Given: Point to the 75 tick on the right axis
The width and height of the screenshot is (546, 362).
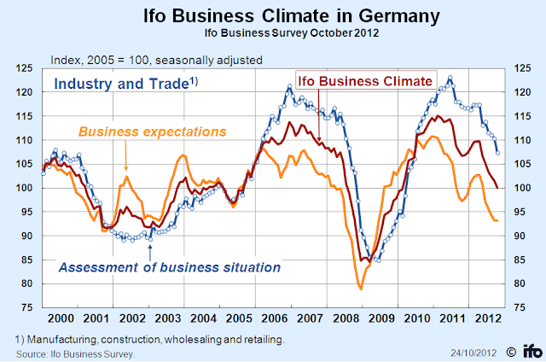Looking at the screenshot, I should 520,307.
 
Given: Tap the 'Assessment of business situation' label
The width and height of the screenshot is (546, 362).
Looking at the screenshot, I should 169,267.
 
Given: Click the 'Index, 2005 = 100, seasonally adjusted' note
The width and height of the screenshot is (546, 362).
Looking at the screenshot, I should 157,60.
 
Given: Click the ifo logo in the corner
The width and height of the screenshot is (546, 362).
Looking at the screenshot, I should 529,350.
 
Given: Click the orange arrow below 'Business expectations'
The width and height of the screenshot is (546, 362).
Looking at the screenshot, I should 126,159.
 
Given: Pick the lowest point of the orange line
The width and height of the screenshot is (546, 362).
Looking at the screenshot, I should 361,289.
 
